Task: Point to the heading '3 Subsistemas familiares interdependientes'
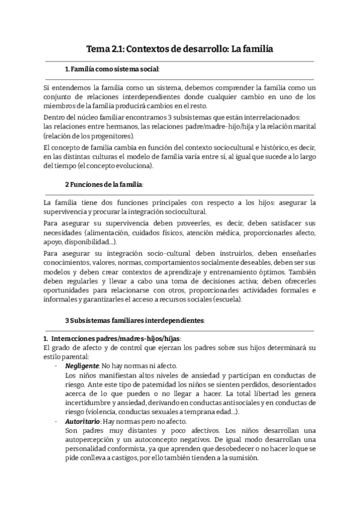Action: pos(135,321)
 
